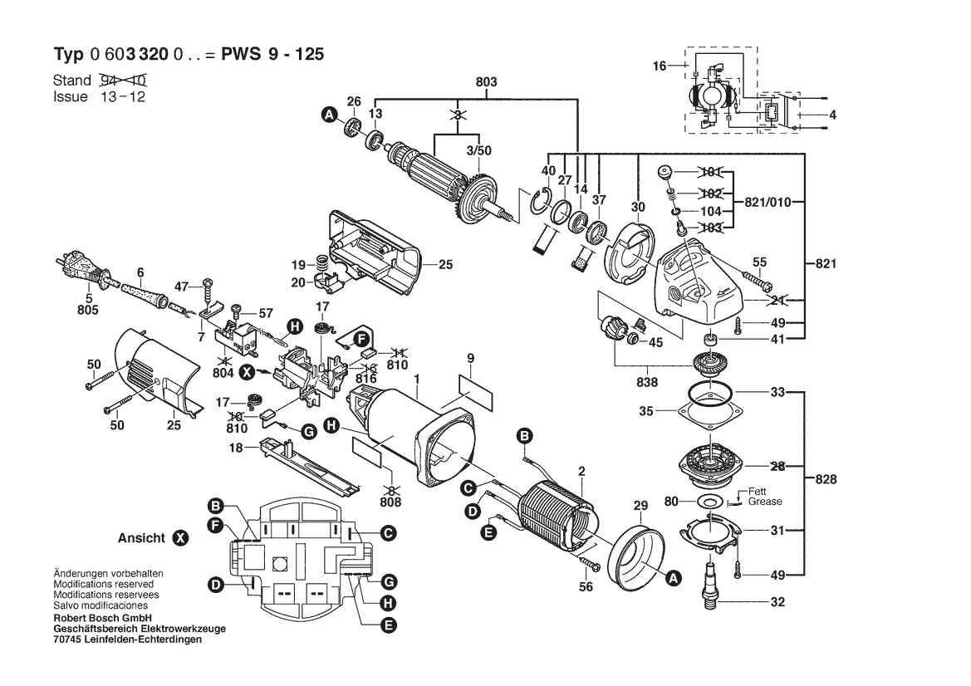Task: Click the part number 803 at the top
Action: [x=486, y=81]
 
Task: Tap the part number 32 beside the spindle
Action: [x=777, y=603]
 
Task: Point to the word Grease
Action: [x=764, y=502]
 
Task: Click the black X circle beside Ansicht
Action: [x=179, y=538]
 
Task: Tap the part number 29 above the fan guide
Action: [x=640, y=506]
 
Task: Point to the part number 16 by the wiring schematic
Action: [x=659, y=65]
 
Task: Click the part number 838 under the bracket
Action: [x=647, y=384]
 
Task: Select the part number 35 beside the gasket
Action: [x=645, y=410]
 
